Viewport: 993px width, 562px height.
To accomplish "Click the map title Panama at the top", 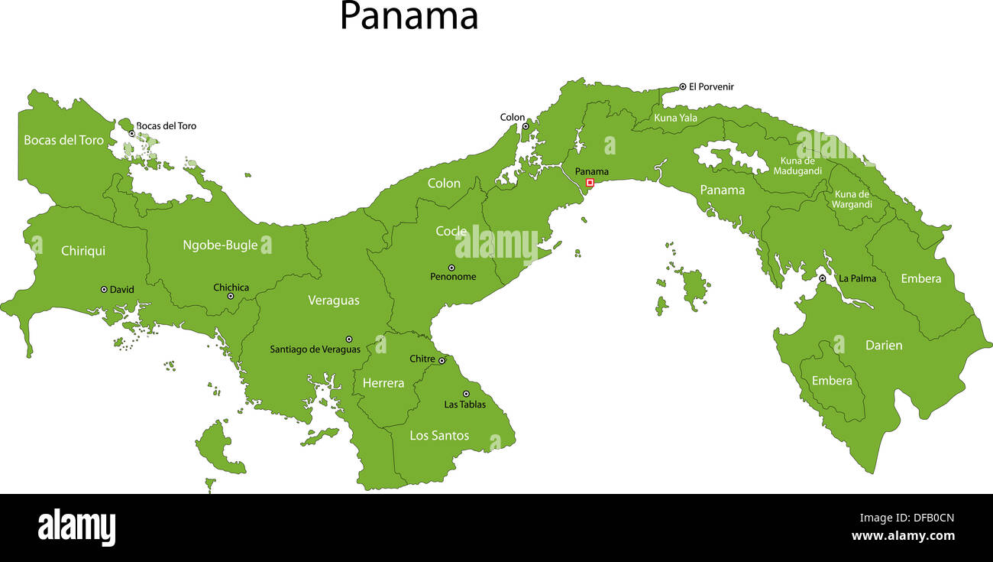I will (x=409, y=16).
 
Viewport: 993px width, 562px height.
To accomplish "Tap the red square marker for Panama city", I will (x=590, y=183).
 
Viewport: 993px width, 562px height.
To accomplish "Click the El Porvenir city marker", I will (x=683, y=87).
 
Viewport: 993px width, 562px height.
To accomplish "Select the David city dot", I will (x=104, y=290).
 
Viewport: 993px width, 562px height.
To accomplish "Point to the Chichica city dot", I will (x=231, y=296).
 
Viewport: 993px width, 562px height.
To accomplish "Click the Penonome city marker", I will (x=451, y=268).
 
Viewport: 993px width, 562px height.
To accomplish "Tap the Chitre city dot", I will (x=442, y=360).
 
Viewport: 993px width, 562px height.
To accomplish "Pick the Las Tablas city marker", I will (x=466, y=394).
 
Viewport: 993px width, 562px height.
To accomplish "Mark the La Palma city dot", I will (x=823, y=278).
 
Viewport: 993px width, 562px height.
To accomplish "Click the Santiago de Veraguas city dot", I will (x=349, y=339).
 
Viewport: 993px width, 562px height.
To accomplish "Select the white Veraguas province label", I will (x=334, y=300).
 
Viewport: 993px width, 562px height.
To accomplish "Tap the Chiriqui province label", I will (x=83, y=251).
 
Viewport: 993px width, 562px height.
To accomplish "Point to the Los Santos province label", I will (x=439, y=435).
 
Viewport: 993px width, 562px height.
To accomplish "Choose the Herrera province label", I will (x=383, y=383).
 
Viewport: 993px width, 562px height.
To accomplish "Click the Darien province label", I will (x=884, y=346).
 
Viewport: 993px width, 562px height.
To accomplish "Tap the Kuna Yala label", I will (x=675, y=118).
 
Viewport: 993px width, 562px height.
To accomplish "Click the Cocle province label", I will (x=451, y=231).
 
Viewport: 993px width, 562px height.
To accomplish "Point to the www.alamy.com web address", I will (x=903, y=536).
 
